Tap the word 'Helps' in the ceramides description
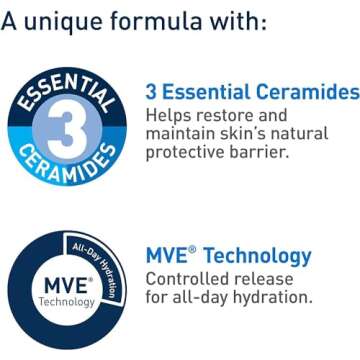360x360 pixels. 171,115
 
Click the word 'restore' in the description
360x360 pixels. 233,115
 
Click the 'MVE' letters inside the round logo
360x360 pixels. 66,287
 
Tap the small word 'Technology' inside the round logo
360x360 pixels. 67,302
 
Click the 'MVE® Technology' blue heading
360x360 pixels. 228,255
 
